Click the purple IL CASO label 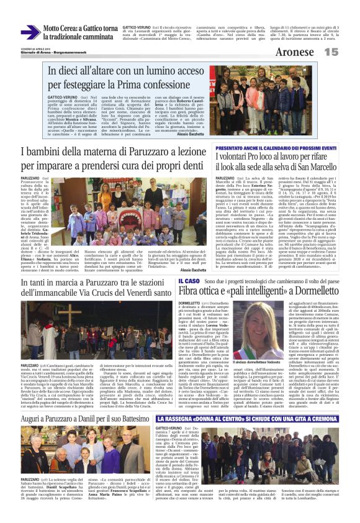click(x=181, y=281)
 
